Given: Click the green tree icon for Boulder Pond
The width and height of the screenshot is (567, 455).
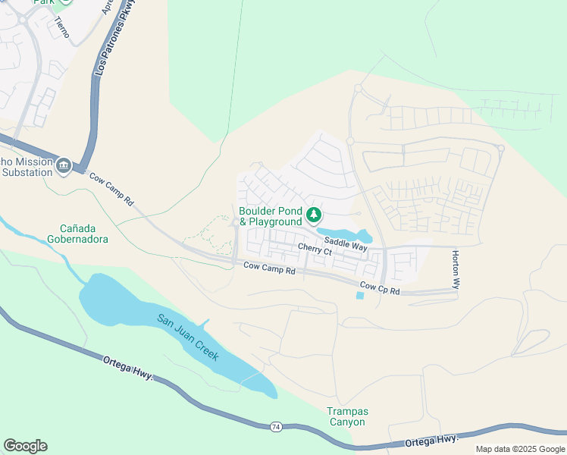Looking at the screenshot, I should pyautogui.click(x=313, y=215).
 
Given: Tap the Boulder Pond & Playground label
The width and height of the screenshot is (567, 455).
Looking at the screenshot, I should pyautogui.click(x=271, y=216).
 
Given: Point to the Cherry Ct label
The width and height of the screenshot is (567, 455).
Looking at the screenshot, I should pyautogui.click(x=315, y=249).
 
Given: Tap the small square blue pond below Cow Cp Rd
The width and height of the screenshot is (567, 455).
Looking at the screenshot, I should pyautogui.click(x=359, y=296).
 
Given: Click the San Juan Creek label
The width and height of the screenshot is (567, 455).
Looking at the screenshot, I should pyautogui.click(x=188, y=337).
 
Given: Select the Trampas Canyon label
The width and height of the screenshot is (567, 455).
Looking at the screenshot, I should pyautogui.click(x=346, y=416).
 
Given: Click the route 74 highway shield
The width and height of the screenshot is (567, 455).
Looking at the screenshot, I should pyautogui.click(x=276, y=428).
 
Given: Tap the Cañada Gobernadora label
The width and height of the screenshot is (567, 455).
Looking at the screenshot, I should pyautogui.click(x=84, y=234).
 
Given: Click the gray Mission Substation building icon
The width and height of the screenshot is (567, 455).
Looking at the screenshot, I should pyautogui.click(x=63, y=165).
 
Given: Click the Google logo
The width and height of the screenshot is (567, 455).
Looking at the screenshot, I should pyautogui.click(x=25, y=446).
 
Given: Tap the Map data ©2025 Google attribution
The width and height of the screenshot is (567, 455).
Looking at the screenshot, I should pyautogui.click(x=520, y=449).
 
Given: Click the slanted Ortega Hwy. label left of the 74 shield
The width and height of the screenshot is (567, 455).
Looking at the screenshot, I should pyautogui.click(x=128, y=371).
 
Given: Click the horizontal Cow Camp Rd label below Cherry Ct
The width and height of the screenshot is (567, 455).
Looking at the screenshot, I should pyautogui.click(x=269, y=267).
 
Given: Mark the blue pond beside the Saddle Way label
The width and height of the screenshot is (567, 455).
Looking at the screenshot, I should pyautogui.click(x=343, y=234).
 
